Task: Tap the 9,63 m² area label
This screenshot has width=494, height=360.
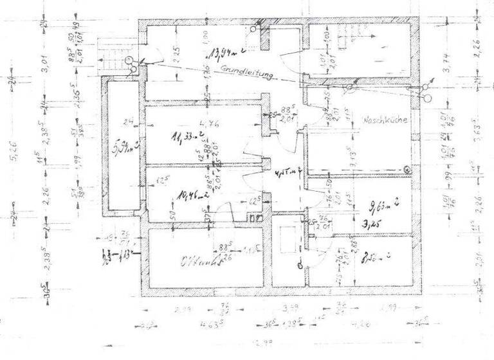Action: (384, 208)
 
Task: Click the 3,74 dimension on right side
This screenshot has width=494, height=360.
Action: (446, 61)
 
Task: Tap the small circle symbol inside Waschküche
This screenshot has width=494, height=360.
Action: (407, 169)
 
